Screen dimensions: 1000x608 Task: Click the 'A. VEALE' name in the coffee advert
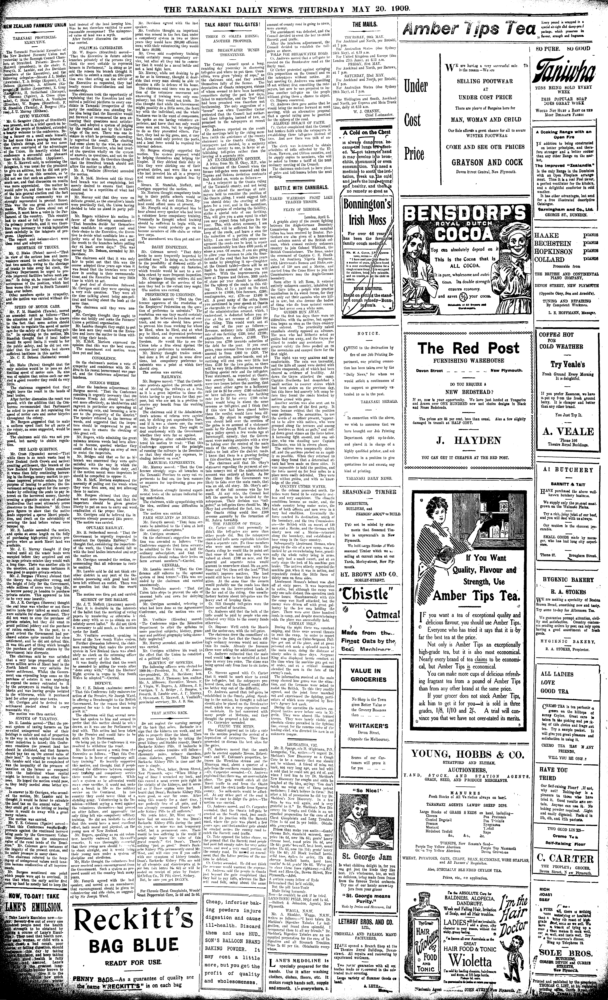[568, 431]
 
